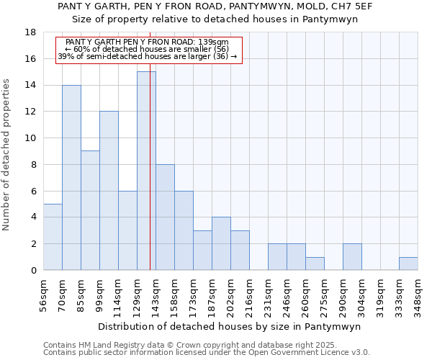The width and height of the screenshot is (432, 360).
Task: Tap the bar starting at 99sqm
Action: [x=109, y=191]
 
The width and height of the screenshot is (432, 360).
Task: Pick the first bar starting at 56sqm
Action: [x=53, y=237]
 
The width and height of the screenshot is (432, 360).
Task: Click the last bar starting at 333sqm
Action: [x=408, y=264]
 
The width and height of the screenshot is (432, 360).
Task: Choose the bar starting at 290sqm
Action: [x=352, y=257]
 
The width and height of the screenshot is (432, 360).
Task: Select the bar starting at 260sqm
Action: [x=315, y=264]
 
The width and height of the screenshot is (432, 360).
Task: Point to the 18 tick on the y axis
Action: [x=30, y=32]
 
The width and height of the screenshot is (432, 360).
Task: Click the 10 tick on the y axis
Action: [x=30, y=138]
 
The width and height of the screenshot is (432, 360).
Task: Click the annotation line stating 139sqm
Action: [x=147, y=42]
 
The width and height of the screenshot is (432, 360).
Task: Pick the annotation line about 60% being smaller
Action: [x=147, y=49]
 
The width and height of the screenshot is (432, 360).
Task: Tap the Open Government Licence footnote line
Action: [x=207, y=352]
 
